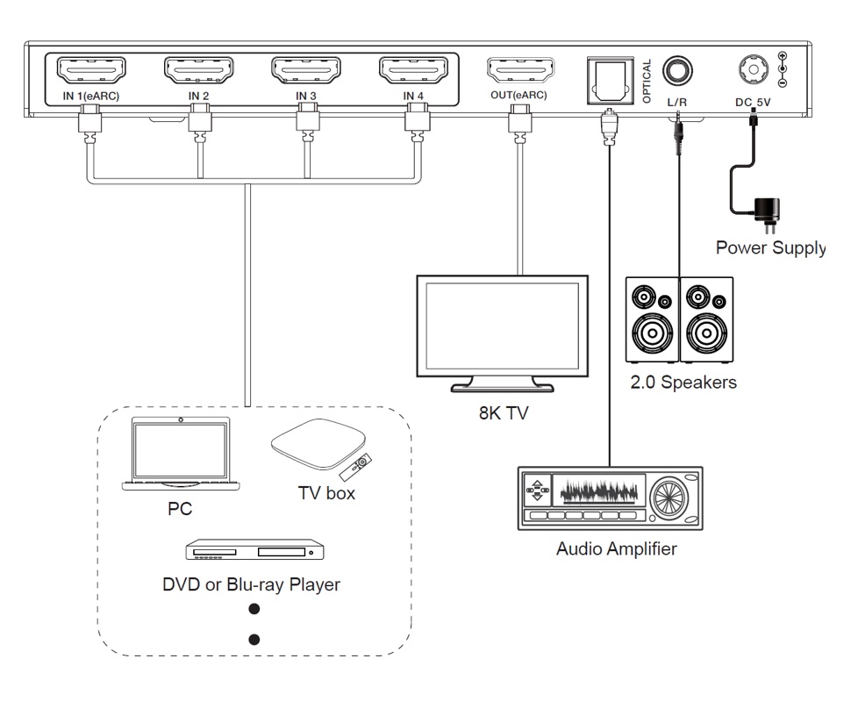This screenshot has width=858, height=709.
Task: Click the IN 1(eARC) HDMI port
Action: [91, 70]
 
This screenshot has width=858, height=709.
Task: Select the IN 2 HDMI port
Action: [199, 70]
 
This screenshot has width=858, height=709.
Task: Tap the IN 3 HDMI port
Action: [306, 70]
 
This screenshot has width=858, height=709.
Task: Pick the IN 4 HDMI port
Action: [414, 70]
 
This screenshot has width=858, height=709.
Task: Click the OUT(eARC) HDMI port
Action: [520, 70]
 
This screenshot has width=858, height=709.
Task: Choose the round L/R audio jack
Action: [676, 70]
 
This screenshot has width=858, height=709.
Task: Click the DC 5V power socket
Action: [752, 69]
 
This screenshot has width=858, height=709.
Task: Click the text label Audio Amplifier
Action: [616, 550]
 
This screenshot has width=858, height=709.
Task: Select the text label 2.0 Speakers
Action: [683, 383]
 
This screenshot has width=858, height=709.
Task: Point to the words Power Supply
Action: [769, 247]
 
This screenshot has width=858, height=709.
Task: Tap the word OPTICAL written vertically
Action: [647, 82]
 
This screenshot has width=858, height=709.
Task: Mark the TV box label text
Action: [326, 493]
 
